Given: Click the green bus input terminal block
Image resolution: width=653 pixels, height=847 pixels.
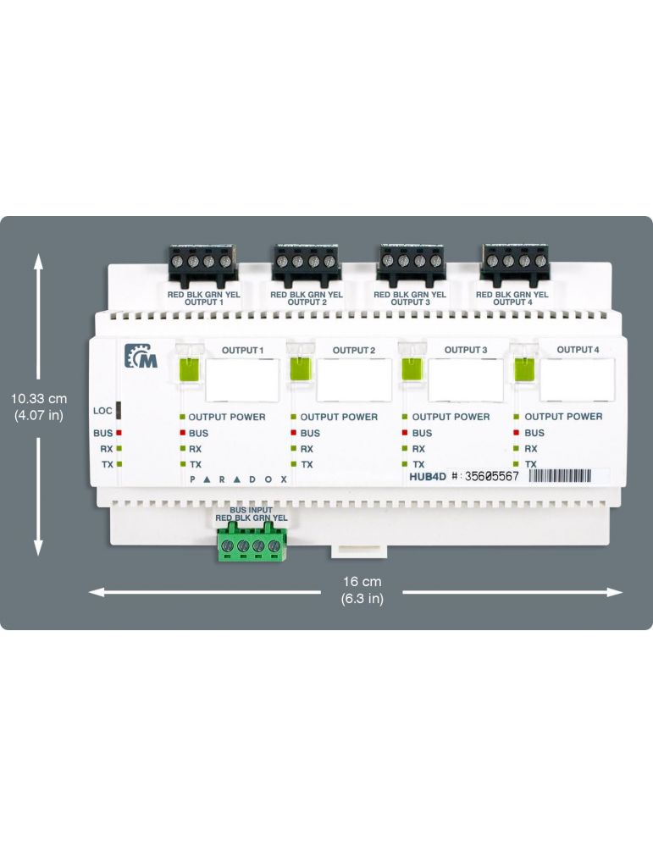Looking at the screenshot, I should pyautogui.click(x=251, y=544).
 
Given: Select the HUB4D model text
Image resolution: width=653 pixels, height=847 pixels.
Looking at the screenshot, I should pyautogui.click(x=429, y=477).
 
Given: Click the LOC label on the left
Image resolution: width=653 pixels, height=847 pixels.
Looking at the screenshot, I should pyautogui.click(x=102, y=411).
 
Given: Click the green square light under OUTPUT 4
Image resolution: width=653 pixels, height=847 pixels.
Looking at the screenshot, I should pyautogui.click(x=524, y=370).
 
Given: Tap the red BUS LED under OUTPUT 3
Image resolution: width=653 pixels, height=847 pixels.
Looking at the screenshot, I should pyautogui.click(x=405, y=433).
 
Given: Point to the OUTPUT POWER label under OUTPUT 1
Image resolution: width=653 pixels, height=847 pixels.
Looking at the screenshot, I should pyautogui.click(x=226, y=417).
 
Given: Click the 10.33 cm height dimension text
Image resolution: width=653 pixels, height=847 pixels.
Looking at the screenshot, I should pyautogui.click(x=39, y=397).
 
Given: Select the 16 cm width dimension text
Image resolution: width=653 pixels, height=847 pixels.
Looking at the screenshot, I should pyautogui.click(x=362, y=582).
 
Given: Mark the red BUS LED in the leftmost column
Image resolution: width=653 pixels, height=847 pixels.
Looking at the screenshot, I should pyautogui.click(x=120, y=433).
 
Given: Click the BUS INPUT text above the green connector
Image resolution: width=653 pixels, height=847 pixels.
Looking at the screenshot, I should pyautogui.click(x=251, y=511).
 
